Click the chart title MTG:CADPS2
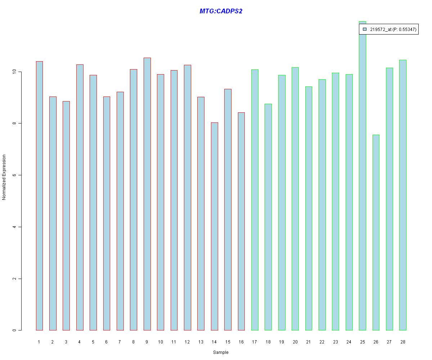point(221,11)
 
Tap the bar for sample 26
point(376,232)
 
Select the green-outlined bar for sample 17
point(255,200)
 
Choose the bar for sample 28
point(402,195)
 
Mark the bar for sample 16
point(241,221)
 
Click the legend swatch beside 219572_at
point(365,30)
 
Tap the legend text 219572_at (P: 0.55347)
point(393,30)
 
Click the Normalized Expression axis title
point(4,177)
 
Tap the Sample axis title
point(221,352)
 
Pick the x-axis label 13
point(201,342)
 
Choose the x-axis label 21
point(309,342)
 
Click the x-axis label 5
point(93,342)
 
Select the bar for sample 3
point(66,216)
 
